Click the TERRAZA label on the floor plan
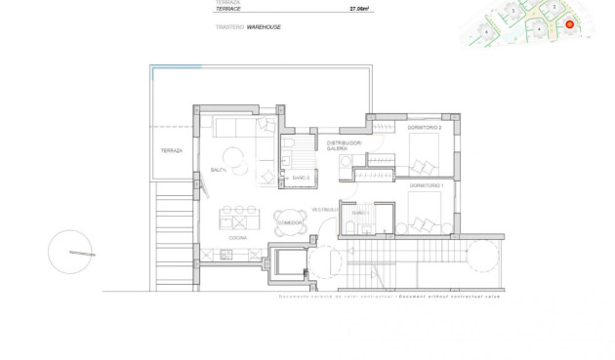[x=171, y=151]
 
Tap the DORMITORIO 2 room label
[x=426, y=128]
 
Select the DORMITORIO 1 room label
[x=427, y=184]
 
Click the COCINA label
[x=237, y=237]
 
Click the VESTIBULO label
[x=324, y=210]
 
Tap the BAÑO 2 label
[x=301, y=178]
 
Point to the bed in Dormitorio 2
[x=427, y=153]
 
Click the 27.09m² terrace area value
[x=361, y=9]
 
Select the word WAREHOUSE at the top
[x=264, y=27]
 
